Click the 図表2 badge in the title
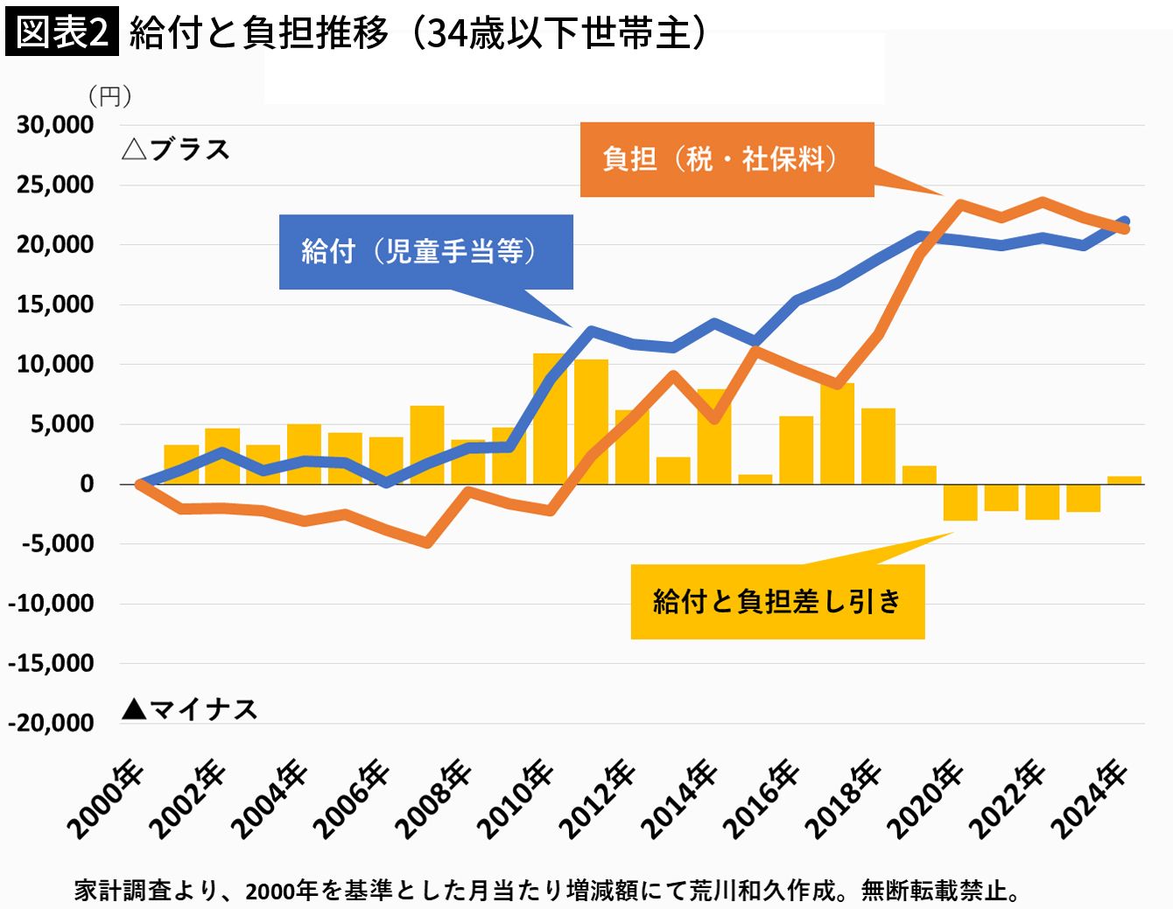(61, 32)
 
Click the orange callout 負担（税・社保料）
(727, 159)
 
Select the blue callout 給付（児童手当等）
(425, 252)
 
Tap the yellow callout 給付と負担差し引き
(777, 602)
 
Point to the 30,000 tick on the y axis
(55, 125)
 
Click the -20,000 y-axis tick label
(51, 724)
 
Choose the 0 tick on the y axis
(86, 484)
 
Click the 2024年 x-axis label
(1090, 800)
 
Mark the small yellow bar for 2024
(1124, 479)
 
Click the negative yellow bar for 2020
(960, 502)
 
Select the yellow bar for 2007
(427, 444)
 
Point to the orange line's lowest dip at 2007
(427, 543)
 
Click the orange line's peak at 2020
(960, 205)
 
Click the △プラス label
(176, 150)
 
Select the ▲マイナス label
(189, 709)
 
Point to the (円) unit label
(109, 96)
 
